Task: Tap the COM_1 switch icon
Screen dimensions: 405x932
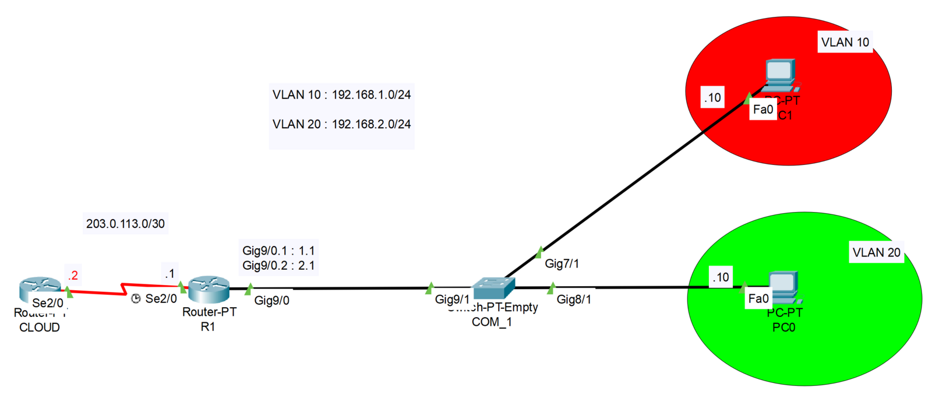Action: (494, 287)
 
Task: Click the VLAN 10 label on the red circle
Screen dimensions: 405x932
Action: (845, 42)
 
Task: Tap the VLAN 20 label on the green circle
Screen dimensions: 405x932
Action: (876, 252)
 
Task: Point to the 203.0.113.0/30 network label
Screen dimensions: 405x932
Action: (125, 224)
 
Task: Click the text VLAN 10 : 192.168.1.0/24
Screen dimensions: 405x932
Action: (341, 94)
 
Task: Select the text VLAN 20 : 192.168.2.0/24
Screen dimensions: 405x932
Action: (341, 124)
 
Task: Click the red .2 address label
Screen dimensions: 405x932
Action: (73, 275)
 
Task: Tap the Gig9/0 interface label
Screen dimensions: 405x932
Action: (271, 301)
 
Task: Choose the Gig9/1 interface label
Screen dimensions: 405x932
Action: (452, 300)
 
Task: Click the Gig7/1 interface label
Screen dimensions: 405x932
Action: (562, 264)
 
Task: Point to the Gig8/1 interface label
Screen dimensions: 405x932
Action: (574, 300)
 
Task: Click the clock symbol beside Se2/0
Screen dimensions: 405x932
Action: (136, 299)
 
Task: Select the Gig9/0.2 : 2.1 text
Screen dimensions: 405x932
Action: (278, 266)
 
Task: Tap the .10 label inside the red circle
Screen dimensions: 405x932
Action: (712, 97)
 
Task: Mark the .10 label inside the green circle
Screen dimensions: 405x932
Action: (721, 277)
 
